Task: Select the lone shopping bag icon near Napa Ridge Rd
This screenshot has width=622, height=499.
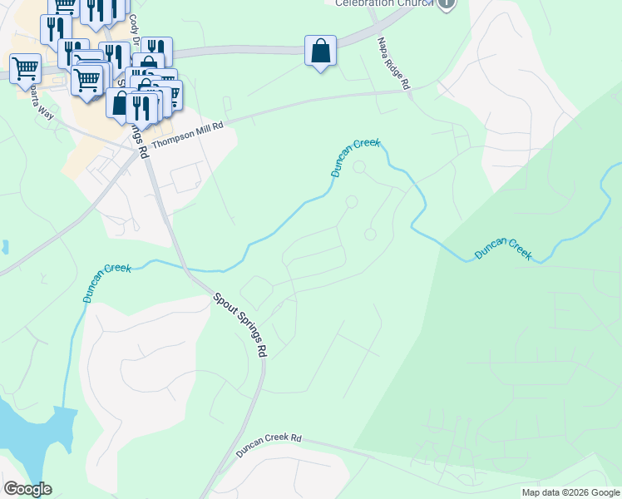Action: coord(320,52)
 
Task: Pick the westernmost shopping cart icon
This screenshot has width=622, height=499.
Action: coord(25,67)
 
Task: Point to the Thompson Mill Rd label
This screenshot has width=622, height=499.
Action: coord(189,131)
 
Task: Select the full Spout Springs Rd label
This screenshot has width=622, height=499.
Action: coord(239,324)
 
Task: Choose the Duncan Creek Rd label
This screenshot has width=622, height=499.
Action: coord(268,444)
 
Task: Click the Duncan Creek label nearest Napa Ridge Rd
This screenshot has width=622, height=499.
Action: coord(355,157)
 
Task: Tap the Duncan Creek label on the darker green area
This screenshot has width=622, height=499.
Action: coord(503,249)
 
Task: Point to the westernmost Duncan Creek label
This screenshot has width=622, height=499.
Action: coord(106,281)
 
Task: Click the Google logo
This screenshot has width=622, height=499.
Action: coord(27,489)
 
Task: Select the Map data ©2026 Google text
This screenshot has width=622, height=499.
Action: coord(570,492)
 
